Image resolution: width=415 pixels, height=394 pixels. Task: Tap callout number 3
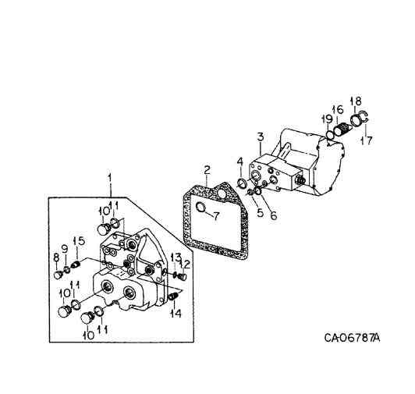pos(259,137)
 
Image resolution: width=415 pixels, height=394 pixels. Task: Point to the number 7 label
pos(240,162)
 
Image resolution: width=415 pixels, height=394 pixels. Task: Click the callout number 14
pos(176,313)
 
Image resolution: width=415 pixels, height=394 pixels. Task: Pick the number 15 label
pos(79,240)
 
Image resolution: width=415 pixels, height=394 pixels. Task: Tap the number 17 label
pos(365,141)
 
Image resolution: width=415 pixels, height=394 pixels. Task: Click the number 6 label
pos(273,215)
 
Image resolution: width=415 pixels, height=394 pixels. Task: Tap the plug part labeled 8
pos(58,275)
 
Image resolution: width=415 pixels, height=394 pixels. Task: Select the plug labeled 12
pos(183,274)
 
